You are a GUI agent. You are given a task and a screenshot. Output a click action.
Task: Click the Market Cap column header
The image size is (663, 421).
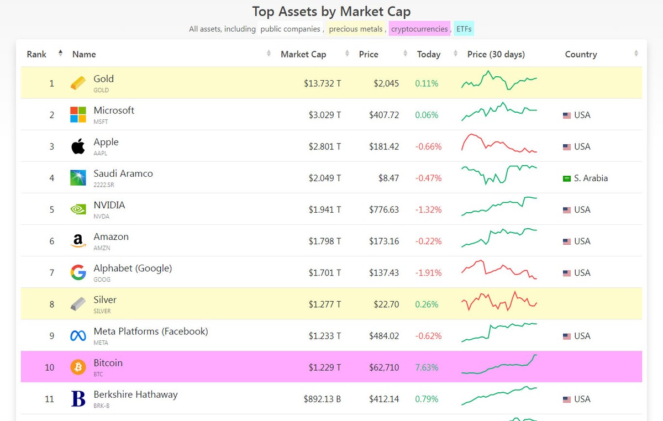[303, 54]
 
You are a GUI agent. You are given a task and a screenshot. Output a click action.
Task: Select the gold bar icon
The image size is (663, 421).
[78, 83]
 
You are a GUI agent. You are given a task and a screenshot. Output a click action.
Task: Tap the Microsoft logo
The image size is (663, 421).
[78, 115]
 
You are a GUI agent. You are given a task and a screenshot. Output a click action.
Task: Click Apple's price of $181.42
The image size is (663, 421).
[384, 146]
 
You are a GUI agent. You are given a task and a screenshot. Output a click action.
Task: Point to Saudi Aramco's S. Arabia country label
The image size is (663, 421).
[591, 178]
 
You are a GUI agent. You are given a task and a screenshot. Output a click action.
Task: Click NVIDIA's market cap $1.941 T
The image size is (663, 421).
[322, 209]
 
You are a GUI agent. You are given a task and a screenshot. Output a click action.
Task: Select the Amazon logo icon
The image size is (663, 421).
[78, 241]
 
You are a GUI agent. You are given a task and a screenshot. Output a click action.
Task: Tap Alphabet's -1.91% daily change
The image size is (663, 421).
[428, 272]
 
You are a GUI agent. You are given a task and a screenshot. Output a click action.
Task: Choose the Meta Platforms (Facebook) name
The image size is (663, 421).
[151, 331]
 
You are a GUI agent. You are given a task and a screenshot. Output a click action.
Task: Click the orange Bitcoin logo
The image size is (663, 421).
[78, 367]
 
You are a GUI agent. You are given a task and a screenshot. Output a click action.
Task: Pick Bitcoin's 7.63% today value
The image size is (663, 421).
[427, 367]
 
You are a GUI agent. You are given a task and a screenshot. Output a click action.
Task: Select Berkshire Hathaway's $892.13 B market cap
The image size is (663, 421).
[322, 399]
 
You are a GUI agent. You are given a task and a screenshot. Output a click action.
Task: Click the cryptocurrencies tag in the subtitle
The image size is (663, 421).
[419, 29]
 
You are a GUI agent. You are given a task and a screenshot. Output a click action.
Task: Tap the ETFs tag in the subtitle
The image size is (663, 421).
[464, 29]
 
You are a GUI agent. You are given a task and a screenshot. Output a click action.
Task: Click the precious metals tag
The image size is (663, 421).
[356, 29]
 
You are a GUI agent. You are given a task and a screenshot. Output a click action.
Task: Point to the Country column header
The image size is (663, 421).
[581, 54]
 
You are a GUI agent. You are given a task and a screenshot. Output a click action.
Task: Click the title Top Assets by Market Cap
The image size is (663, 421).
[331, 11]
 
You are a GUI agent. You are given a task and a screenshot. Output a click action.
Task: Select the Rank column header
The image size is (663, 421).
[36, 54]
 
